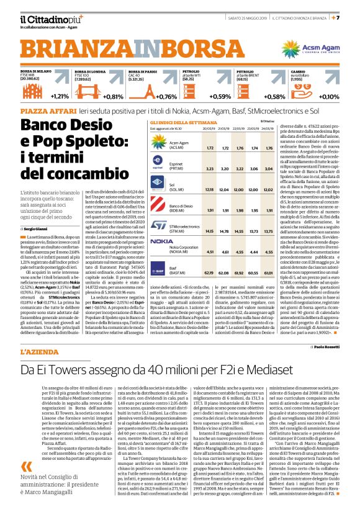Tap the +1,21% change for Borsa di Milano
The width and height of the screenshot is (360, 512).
pyautogui.click(x=60, y=97)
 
